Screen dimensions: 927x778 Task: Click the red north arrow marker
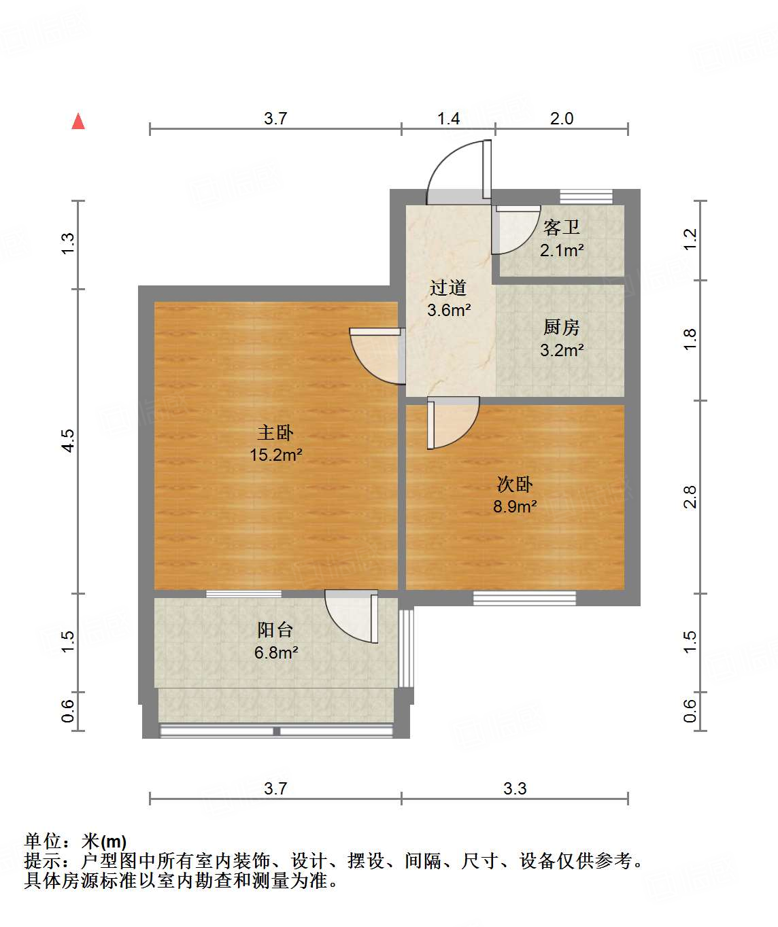tap(78, 122)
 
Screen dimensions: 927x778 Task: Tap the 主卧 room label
tap(275, 432)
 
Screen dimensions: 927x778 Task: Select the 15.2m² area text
tap(275, 455)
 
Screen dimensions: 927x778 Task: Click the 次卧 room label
tap(515, 484)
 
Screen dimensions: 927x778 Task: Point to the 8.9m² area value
tap(515, 506)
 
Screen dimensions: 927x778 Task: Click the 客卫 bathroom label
tap(562, 227)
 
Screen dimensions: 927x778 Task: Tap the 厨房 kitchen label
tap(562, 328)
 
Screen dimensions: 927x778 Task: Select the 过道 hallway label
tap(448, 287)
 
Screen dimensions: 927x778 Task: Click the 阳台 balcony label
tap(275, 629)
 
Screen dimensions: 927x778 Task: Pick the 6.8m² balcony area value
tap(276, 652)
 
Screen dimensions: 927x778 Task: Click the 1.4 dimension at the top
tap(448, 118)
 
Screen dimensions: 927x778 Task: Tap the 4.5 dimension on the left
tap(67, 440)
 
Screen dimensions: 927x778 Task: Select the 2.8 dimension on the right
tap(690, 496)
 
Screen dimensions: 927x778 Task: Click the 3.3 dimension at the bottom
tap(515, 788)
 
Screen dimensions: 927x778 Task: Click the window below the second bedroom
tap(524, 598)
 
